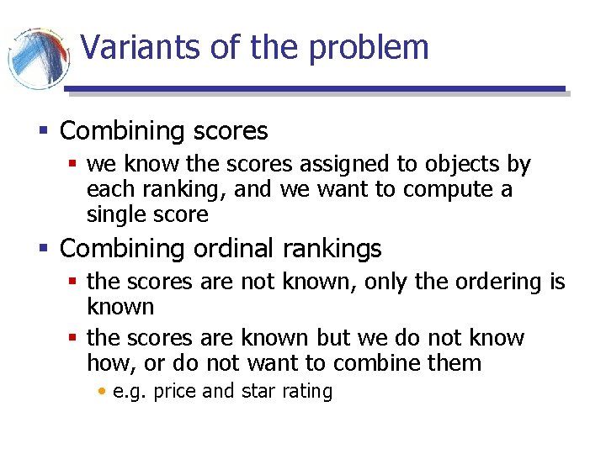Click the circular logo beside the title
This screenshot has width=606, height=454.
[x=38, y=59]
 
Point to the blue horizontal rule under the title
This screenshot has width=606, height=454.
[x=316, y=88]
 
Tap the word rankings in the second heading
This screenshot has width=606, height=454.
[x=332, y=250]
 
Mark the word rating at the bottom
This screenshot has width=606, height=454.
[x=307, y=392]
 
